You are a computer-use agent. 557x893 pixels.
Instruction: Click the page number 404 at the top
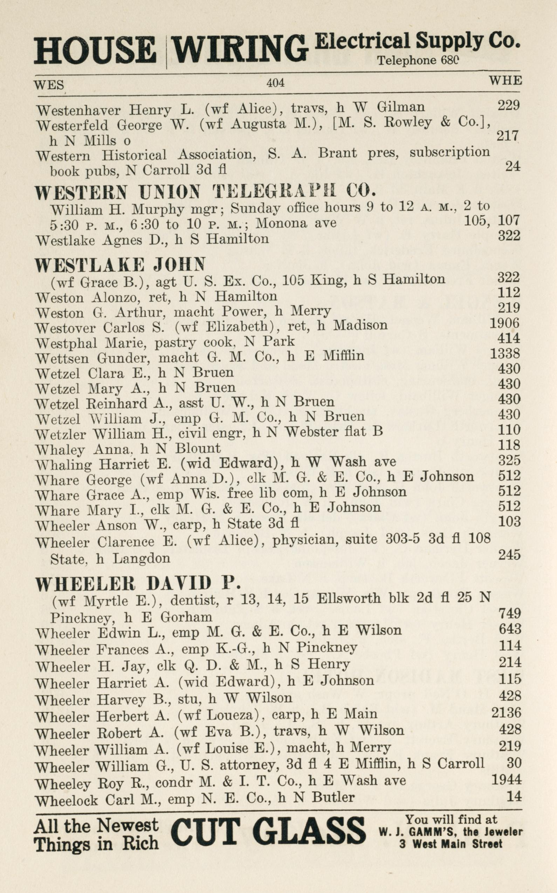[275, 83]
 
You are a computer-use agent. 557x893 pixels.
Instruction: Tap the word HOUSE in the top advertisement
[95, 50]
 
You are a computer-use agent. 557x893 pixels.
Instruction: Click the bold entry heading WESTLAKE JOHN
[120, 264]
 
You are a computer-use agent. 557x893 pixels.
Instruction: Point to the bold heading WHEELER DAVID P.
[138, 583]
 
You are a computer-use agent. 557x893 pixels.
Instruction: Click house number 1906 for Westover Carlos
[504, 323]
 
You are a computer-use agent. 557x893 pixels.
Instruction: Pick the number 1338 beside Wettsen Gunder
[505, 354]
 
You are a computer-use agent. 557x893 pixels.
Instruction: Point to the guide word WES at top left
[49, 85]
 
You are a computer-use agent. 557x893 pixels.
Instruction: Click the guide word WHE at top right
[505, 80]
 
